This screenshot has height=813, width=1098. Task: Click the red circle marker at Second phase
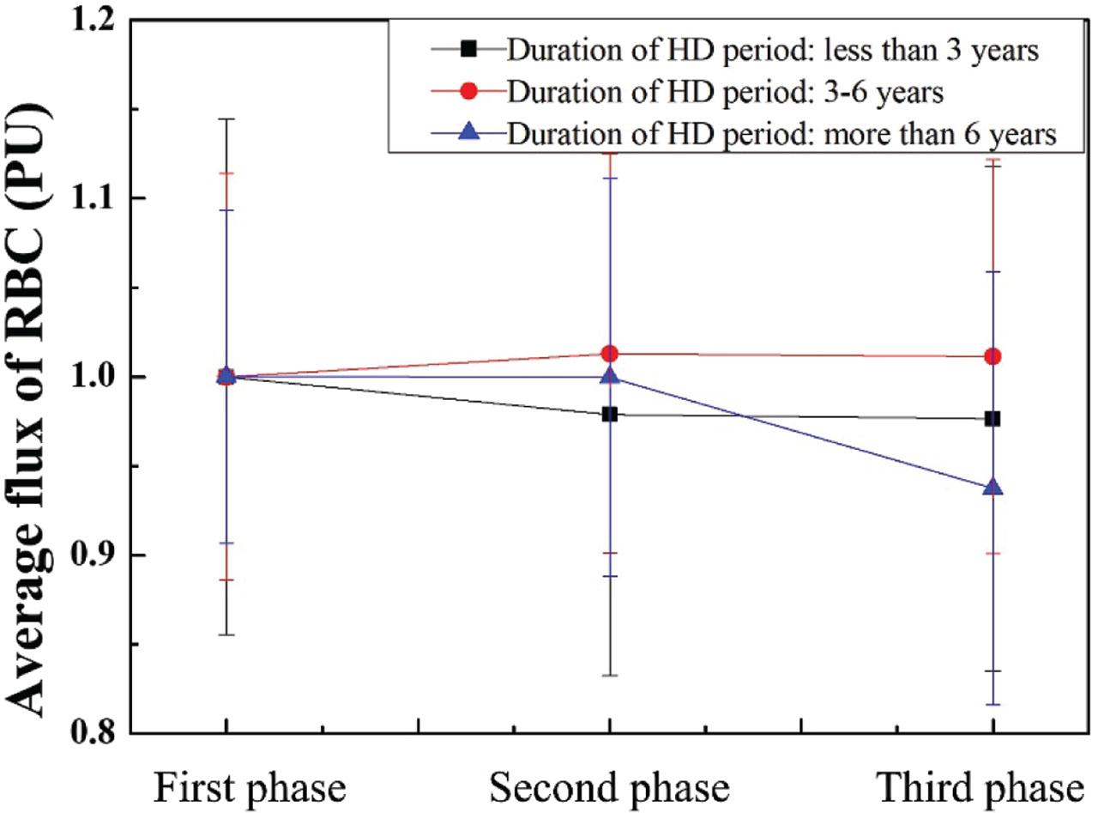pyautogui.click(x=609, y=353)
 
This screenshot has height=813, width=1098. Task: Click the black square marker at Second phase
pyautogui.click(x=609, y=414)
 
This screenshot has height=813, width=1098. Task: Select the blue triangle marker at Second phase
pyautogui.click(x=609, y=375)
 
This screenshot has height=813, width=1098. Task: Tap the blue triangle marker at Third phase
pyautogui.click(x=992, y=487)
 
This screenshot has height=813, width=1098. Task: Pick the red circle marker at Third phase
pyautogui.click(x=992, y=355)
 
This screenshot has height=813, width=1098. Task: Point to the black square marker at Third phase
pyautogui.click(x=992, y=418)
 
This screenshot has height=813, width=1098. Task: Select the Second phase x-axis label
pyautogui.click(x=609, y=786)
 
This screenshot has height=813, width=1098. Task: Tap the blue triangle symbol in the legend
pyautogui.click(x=468, y=133)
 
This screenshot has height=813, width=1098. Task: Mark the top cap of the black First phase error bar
pyautogui.click(x=226, y=119)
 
